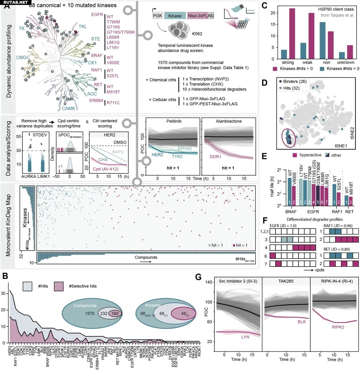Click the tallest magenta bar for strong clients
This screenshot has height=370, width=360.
[292, 34]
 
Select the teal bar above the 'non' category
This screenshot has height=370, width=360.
[322, 40]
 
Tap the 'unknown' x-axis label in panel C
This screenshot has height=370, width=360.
[346, 62]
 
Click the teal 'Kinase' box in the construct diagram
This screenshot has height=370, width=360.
[175, 16]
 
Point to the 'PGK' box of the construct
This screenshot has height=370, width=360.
[158, 16]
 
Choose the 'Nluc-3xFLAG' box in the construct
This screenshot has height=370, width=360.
[201, 16]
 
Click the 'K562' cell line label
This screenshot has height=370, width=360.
[197, 34]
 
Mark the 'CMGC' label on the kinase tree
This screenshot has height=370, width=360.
[23, 58]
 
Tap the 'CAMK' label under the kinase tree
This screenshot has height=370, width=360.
[69, 108]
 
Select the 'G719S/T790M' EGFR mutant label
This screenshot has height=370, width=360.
[121, 32]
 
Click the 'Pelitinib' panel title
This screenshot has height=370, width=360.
[174, 121]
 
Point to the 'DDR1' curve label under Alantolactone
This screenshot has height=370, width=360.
[215, 157]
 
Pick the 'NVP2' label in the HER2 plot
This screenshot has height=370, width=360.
[118, 152]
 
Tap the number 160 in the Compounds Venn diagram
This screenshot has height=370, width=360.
[115, 313]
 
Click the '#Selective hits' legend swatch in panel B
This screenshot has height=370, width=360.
[59, 286]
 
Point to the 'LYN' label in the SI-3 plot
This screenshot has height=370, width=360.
[245, 337]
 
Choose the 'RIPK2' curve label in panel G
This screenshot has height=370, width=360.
[338, 327]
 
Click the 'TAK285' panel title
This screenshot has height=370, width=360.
[286, 281]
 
